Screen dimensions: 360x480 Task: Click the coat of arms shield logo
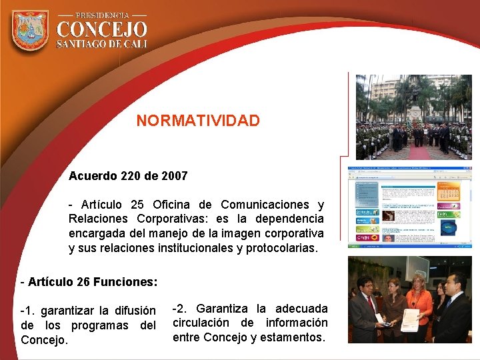[x=30, y=30]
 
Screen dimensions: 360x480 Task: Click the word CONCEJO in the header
[x=102, y=29]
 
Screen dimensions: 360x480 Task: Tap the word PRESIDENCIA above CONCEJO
[x=102, y=15]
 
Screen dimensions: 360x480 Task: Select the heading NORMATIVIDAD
[x=198, y=121]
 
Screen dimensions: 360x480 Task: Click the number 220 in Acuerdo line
[x=133, y=177]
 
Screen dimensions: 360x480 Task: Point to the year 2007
[x=175, y=177]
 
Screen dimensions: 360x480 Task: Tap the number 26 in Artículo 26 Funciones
[x=83, y=282]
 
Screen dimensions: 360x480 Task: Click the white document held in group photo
[x=409, y=321]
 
